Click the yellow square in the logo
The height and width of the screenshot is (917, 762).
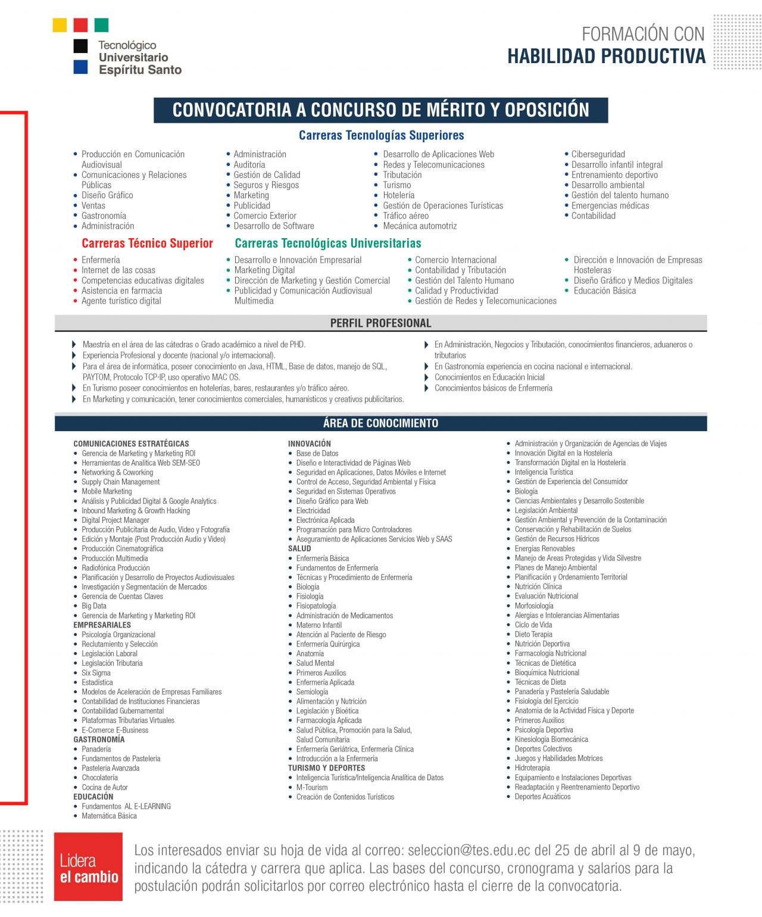click(x=60, y=25)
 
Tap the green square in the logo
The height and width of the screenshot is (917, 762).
click(x=101, y=25)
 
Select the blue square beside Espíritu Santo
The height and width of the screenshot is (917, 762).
click(x=80, y=67)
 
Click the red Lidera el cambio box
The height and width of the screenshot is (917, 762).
click(x=88, y=867)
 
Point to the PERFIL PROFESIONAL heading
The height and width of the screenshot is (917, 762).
click(x=380, y=323)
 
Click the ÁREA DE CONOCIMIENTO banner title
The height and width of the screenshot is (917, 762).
click(x=380, y=423)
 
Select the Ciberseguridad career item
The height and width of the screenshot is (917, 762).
click(x=598, y=154)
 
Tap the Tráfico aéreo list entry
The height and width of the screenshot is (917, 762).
click(x=405, y=216)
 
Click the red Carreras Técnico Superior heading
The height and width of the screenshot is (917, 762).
click(x=147, y=243)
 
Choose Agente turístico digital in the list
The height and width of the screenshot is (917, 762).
click(x=121, y=301)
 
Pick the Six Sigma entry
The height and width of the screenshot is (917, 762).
click(x=96, y=673)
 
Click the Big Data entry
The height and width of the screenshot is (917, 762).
click(x=94, y=606)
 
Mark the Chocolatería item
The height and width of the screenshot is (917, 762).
click(x=99, y=778)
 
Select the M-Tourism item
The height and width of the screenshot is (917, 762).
click(x=312, y=787)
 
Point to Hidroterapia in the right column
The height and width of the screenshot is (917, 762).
click(x=532, y=768)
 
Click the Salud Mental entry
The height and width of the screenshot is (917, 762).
click(x=315, y=663)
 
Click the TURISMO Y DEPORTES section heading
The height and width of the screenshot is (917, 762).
click(x=326, y=768)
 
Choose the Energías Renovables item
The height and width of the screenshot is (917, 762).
click(x=545, y=548)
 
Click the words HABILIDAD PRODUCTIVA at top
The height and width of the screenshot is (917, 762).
click(x=606, y=57)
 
